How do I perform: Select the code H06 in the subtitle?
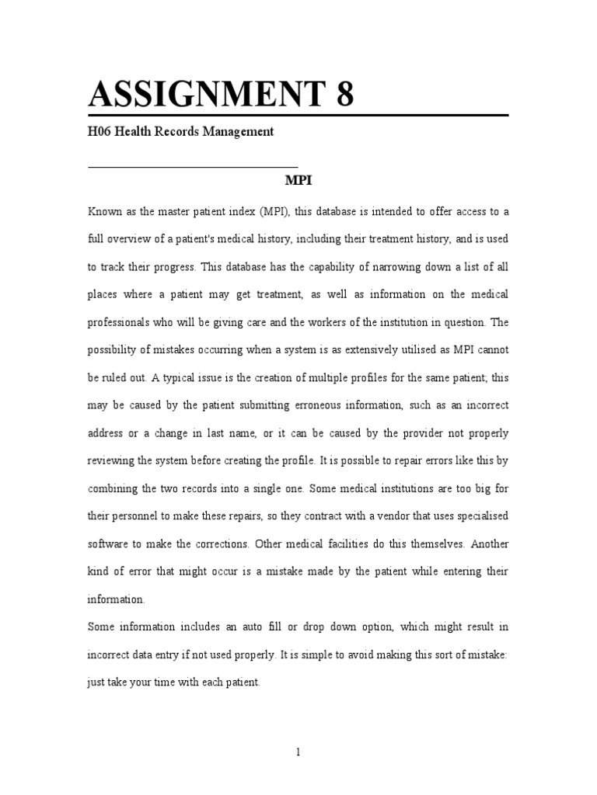(x=100, y=132)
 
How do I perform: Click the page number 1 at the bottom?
(x=298, y=752)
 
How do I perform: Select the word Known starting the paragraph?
(x=104, y=211)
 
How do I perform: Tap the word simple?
(x=348, y=655)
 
